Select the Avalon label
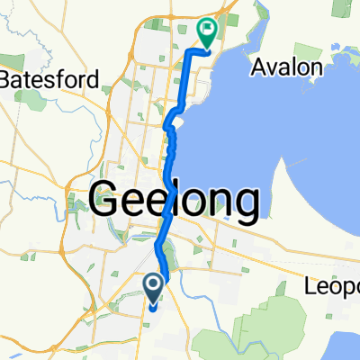pos(286,67)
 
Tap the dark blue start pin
pos(153,288)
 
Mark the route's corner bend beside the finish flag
pos(188,54)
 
